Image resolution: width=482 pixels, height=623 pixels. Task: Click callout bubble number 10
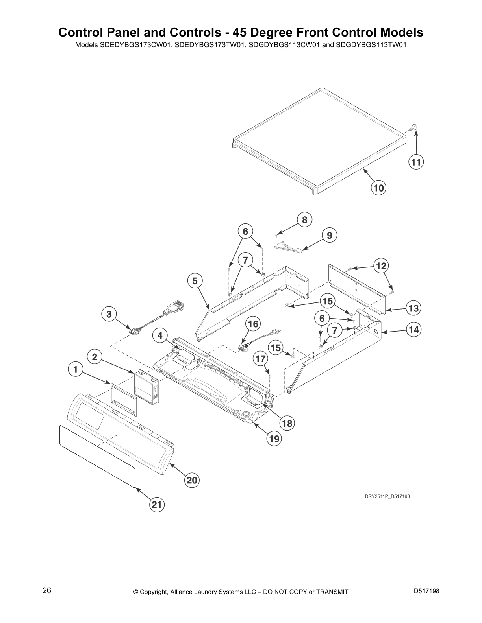point(378,188)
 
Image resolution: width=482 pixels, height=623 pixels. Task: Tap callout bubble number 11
point(416,162)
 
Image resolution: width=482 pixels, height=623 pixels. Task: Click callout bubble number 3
point(109,314)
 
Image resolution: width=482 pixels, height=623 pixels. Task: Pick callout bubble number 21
point(157,505)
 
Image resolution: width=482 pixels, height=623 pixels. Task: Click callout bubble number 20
point(192,480)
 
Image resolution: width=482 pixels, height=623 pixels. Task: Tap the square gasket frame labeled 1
point(124,399)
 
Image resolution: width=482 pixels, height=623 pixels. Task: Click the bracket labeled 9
point(288,247)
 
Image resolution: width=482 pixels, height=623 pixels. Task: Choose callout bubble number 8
point(304,219)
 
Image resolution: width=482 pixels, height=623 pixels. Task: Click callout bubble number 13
point(413,308)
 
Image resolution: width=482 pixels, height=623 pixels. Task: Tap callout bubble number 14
point(413,330)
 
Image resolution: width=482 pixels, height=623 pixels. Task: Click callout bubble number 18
point(287,423)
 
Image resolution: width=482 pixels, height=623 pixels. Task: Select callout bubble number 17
point(260,358)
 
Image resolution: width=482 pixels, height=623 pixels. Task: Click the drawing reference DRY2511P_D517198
point(387,496)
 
